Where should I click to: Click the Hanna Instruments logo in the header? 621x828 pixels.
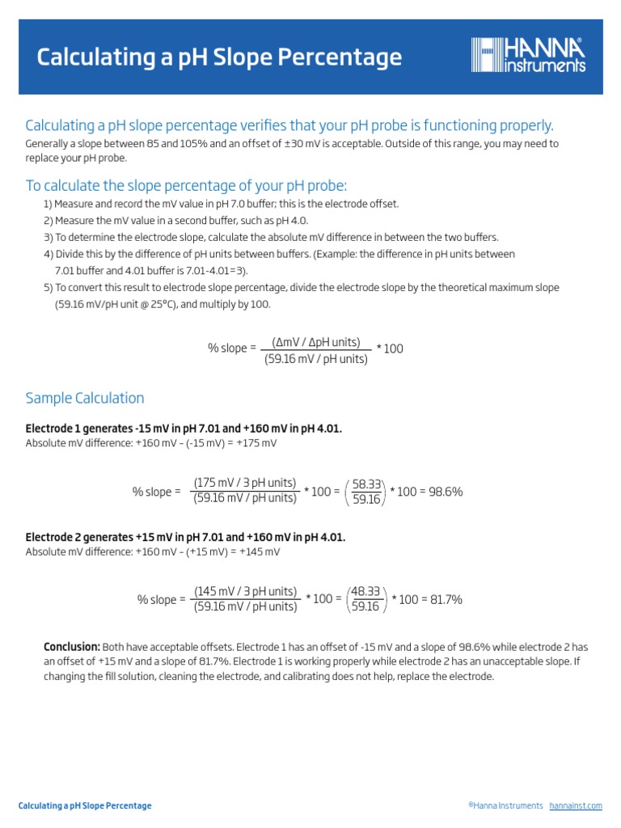(x=529, y=56)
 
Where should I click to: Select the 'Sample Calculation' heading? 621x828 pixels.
(x=85, y=398)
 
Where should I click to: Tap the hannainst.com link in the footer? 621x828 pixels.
(x=576, y=806)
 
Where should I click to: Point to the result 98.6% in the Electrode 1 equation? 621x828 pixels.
(x=443, y=491)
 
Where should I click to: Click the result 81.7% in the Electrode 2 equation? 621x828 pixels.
(x=443, y=599)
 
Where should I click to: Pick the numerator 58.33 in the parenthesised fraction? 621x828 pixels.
(x=367, y=483)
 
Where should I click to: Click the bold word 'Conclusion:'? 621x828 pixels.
(x=72, y=647)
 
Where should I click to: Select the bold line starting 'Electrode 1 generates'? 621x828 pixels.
(x=184, y=429)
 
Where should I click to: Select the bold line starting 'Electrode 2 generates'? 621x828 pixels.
(x=185, y=537)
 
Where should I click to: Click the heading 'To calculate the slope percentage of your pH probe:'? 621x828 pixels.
(x=186, y=185)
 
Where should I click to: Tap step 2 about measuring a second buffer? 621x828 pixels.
(x=176, y=220)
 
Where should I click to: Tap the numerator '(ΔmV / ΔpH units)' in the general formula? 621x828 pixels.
(x=316, y=342)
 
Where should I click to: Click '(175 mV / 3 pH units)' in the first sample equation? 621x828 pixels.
(x=245, y=483)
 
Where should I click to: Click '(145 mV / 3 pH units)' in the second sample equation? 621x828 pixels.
(x=246, y=591)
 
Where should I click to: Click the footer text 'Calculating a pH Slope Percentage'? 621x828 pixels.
(x=85, y=806)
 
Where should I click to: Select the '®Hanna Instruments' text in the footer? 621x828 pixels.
(x=505, y=806)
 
